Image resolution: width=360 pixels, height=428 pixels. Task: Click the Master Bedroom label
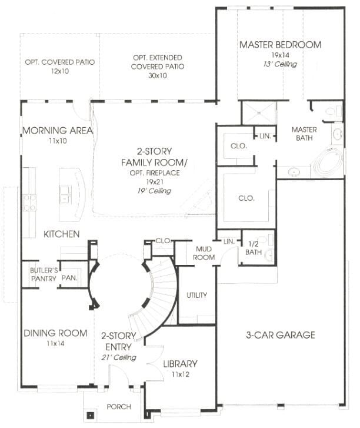(x=281, y=45)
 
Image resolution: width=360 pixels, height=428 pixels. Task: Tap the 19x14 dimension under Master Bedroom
(x=281, y=55)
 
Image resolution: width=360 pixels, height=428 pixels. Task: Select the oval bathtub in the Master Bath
(x=328, y=159)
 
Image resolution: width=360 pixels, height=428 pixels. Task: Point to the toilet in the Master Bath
(x=334, y=111)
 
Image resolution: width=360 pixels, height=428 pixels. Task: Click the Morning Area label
(x=58, y=131)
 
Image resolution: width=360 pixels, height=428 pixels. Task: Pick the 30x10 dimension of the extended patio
(x=158, y=75)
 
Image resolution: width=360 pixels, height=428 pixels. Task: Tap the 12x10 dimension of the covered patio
(x=60, y=71)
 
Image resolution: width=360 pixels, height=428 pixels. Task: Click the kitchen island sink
(x=65, y=194)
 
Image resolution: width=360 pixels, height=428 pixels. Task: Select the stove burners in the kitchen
(x=30, y=203)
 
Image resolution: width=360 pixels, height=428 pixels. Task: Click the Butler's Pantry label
(x=44, y=274)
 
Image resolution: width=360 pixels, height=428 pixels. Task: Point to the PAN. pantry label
(x=69, y=278)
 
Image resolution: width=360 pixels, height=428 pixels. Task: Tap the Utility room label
(x=196, y=295)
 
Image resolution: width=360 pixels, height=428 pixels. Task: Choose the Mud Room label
(x=204, y=253)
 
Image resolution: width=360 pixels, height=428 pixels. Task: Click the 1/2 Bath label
(x=254, y=248)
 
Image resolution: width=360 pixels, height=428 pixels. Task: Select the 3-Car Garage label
(x=281, y=335)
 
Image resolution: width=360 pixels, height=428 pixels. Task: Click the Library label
(x=180, y=364)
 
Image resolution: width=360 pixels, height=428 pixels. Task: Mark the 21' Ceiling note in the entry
(x=119, y=357)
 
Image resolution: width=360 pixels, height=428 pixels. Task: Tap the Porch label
(x=119, y=407)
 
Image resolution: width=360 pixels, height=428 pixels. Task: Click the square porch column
(x=90, y=416)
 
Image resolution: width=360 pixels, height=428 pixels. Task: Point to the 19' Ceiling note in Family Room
(x=154, y=191)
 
